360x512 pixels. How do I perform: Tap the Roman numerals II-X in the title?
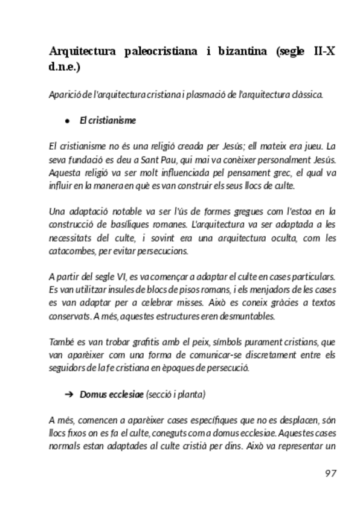[x=320, y=52]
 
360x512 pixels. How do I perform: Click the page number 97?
[x=330, y=473]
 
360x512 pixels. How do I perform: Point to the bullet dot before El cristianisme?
[x=68, y=121]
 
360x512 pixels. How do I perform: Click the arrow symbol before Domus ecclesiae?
[x=68, y=394]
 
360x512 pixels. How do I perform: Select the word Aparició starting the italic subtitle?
[x=62, y=94]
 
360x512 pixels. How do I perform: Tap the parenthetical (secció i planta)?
[x=176, y=394]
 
